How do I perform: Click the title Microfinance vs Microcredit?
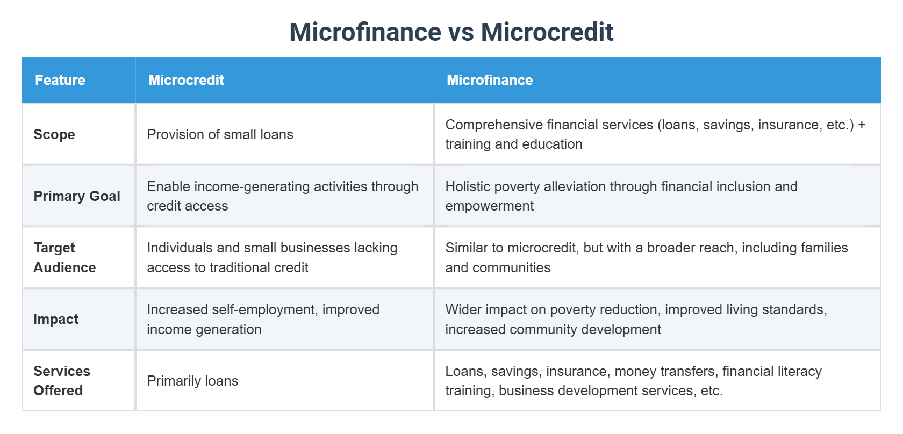point(451,32)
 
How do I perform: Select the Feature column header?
point(60,80)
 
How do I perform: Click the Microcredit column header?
point(186,80)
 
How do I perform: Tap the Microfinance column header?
point(490,80)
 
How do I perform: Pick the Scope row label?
point(54,134)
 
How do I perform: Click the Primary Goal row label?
point(77,196)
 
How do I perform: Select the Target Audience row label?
point(64,257)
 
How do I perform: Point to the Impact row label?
point(56,319)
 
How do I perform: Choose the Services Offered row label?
point(62,381)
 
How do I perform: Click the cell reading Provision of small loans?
point(220,134)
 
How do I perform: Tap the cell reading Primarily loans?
point(192,381)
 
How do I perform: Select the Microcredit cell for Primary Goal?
point(282,196)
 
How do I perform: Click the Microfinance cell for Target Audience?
point(646,257)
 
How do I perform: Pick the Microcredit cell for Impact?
point(263,319)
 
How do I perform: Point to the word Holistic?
point(467,186)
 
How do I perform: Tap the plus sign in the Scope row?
point(862,125)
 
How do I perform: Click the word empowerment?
point(489,206)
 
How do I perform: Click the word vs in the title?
point(461,32)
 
